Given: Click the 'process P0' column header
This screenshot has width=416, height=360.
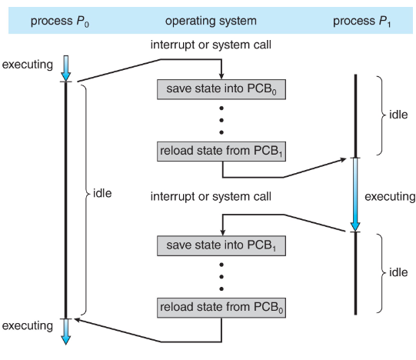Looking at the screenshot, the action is click(x=60, y=22).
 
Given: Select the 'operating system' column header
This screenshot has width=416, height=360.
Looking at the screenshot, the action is click(x=211, y=21).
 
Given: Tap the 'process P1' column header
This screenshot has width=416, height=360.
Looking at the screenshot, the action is click(x=362, y=22).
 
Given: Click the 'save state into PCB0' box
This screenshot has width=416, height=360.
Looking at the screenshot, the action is click(x=221, y=89).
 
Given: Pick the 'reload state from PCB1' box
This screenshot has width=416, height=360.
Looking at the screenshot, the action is click(x=221, y=152).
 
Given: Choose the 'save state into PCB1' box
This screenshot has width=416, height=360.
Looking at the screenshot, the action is click(x=221, y=246).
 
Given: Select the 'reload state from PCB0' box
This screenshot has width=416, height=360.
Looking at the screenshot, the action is click(x=221, y=308).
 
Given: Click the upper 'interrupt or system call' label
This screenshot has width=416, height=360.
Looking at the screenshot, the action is click(x=211, y=45).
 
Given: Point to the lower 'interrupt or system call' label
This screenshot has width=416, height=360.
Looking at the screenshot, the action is click(x=211, y=196).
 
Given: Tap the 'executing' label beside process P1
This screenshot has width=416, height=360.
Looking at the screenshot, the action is click(x=390, y=197).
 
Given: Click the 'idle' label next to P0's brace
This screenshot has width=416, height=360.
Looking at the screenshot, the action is click(x=102, y=193).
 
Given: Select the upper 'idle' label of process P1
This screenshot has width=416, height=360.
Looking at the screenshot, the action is click(x=398, y=115).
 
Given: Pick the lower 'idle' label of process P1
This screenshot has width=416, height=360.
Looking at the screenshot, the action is click(x=398, y=272).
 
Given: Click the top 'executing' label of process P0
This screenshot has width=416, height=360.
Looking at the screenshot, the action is click(x=28, y=65).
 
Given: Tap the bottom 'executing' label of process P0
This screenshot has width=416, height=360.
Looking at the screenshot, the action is click(x=28, y=325).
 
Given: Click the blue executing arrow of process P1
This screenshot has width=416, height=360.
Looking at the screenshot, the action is click(x=355, y=195).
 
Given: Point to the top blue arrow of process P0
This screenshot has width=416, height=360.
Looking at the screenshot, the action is click(x=66, y=68).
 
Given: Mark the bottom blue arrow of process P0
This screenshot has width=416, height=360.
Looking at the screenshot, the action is click(x=66, y=332).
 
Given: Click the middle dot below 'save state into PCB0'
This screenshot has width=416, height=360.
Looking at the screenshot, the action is click(x=221, y=120).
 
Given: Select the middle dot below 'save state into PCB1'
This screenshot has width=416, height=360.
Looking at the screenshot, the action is click(x=221, y=277).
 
